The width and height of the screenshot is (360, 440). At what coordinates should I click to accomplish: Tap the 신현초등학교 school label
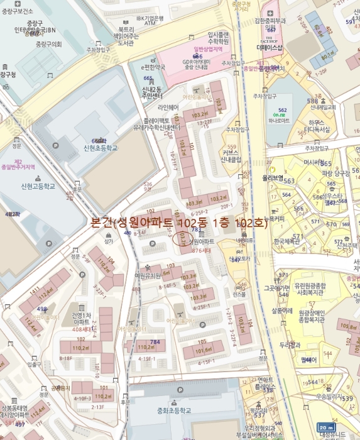click(95, 148)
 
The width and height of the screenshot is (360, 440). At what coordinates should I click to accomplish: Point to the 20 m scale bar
click(325, 427)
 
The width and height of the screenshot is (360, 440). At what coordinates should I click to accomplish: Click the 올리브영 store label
click(274, 177)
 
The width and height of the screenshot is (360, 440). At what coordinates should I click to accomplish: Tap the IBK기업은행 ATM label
click(150, 21)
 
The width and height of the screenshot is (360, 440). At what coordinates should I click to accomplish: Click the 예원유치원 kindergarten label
click(148, 275)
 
